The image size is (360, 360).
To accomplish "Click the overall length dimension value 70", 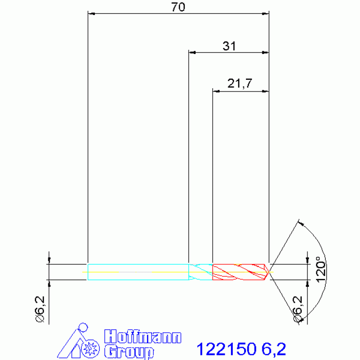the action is click(x=178, y=7).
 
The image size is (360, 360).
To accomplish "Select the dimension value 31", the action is click(x=229, y=46).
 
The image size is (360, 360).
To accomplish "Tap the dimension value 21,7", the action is click(x=240, y=84).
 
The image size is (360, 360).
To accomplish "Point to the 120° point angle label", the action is click(x=321, y=269).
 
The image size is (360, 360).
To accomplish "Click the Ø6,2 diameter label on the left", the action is click(x=40, y=309).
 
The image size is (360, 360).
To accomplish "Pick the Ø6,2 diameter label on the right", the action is click(x=298, y=309).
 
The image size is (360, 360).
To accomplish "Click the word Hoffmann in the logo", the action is click(x=143, y=337).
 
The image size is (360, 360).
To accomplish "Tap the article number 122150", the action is click(x=226, y=349).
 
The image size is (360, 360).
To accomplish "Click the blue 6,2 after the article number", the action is click(x=274, y=349).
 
